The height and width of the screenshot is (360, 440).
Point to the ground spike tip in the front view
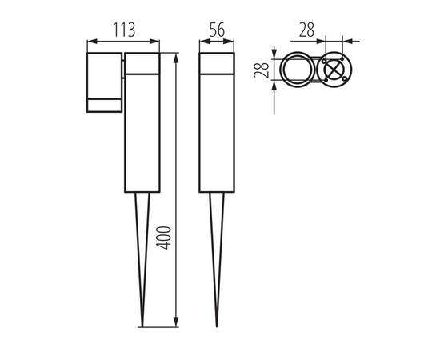[216, 325]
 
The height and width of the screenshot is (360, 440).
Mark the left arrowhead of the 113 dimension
[88, 40]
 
